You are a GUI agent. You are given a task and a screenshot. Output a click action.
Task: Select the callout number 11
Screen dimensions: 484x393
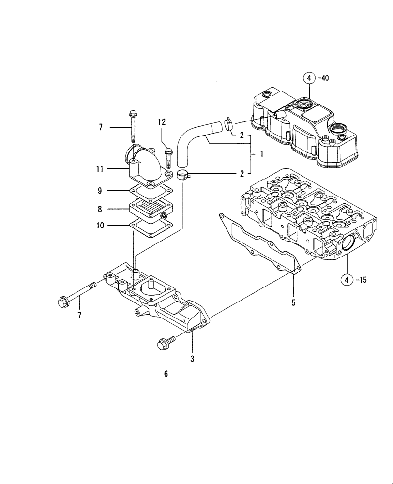click(99, 169)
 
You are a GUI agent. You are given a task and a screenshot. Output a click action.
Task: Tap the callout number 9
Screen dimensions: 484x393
click(99, 191)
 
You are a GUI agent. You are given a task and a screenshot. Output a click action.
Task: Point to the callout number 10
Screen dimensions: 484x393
click(99, 225)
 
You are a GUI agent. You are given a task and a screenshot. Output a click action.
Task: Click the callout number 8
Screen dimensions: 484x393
click(99, 209)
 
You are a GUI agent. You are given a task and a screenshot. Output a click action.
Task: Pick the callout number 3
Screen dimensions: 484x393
click(192, 359)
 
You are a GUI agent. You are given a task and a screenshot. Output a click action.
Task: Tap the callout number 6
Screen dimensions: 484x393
click(166, 374)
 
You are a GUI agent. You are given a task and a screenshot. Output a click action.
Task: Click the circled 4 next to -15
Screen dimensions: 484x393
click(346, 279)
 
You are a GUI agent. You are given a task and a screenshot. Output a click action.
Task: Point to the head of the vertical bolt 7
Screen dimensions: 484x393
click(133, 114)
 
